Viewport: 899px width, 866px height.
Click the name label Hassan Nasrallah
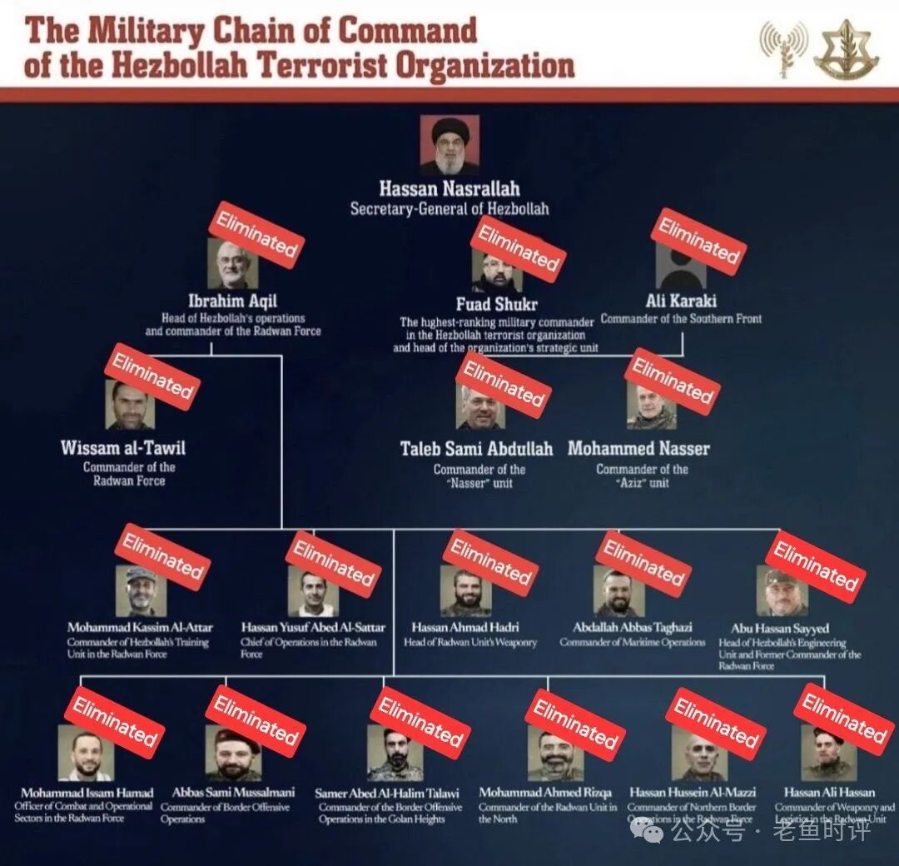(x=449, y=187)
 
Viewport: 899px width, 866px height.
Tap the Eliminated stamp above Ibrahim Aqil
(x=256, y=234)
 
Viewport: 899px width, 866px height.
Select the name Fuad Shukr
(x=497, y=304)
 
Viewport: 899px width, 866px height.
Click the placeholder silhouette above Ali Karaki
(x=680, y=266)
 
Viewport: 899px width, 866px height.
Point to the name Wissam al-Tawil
(x=123, y=448)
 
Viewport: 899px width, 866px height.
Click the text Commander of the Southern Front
(x=681, y=318)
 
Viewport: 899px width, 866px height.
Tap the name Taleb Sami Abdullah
(x=476, y=449)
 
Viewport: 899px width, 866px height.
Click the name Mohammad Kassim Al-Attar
(x=140, y=627)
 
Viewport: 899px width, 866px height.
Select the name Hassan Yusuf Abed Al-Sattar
(x=314, y=627)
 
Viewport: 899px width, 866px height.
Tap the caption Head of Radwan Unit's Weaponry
(x=470, y=642)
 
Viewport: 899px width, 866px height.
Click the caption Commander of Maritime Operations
(x=633, y=642)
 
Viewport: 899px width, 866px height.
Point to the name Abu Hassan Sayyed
(x=780, y=628)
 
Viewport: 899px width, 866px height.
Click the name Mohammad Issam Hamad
(x=87, y=793)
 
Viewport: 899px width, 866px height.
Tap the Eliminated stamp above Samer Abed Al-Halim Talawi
(x=420, y=721)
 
